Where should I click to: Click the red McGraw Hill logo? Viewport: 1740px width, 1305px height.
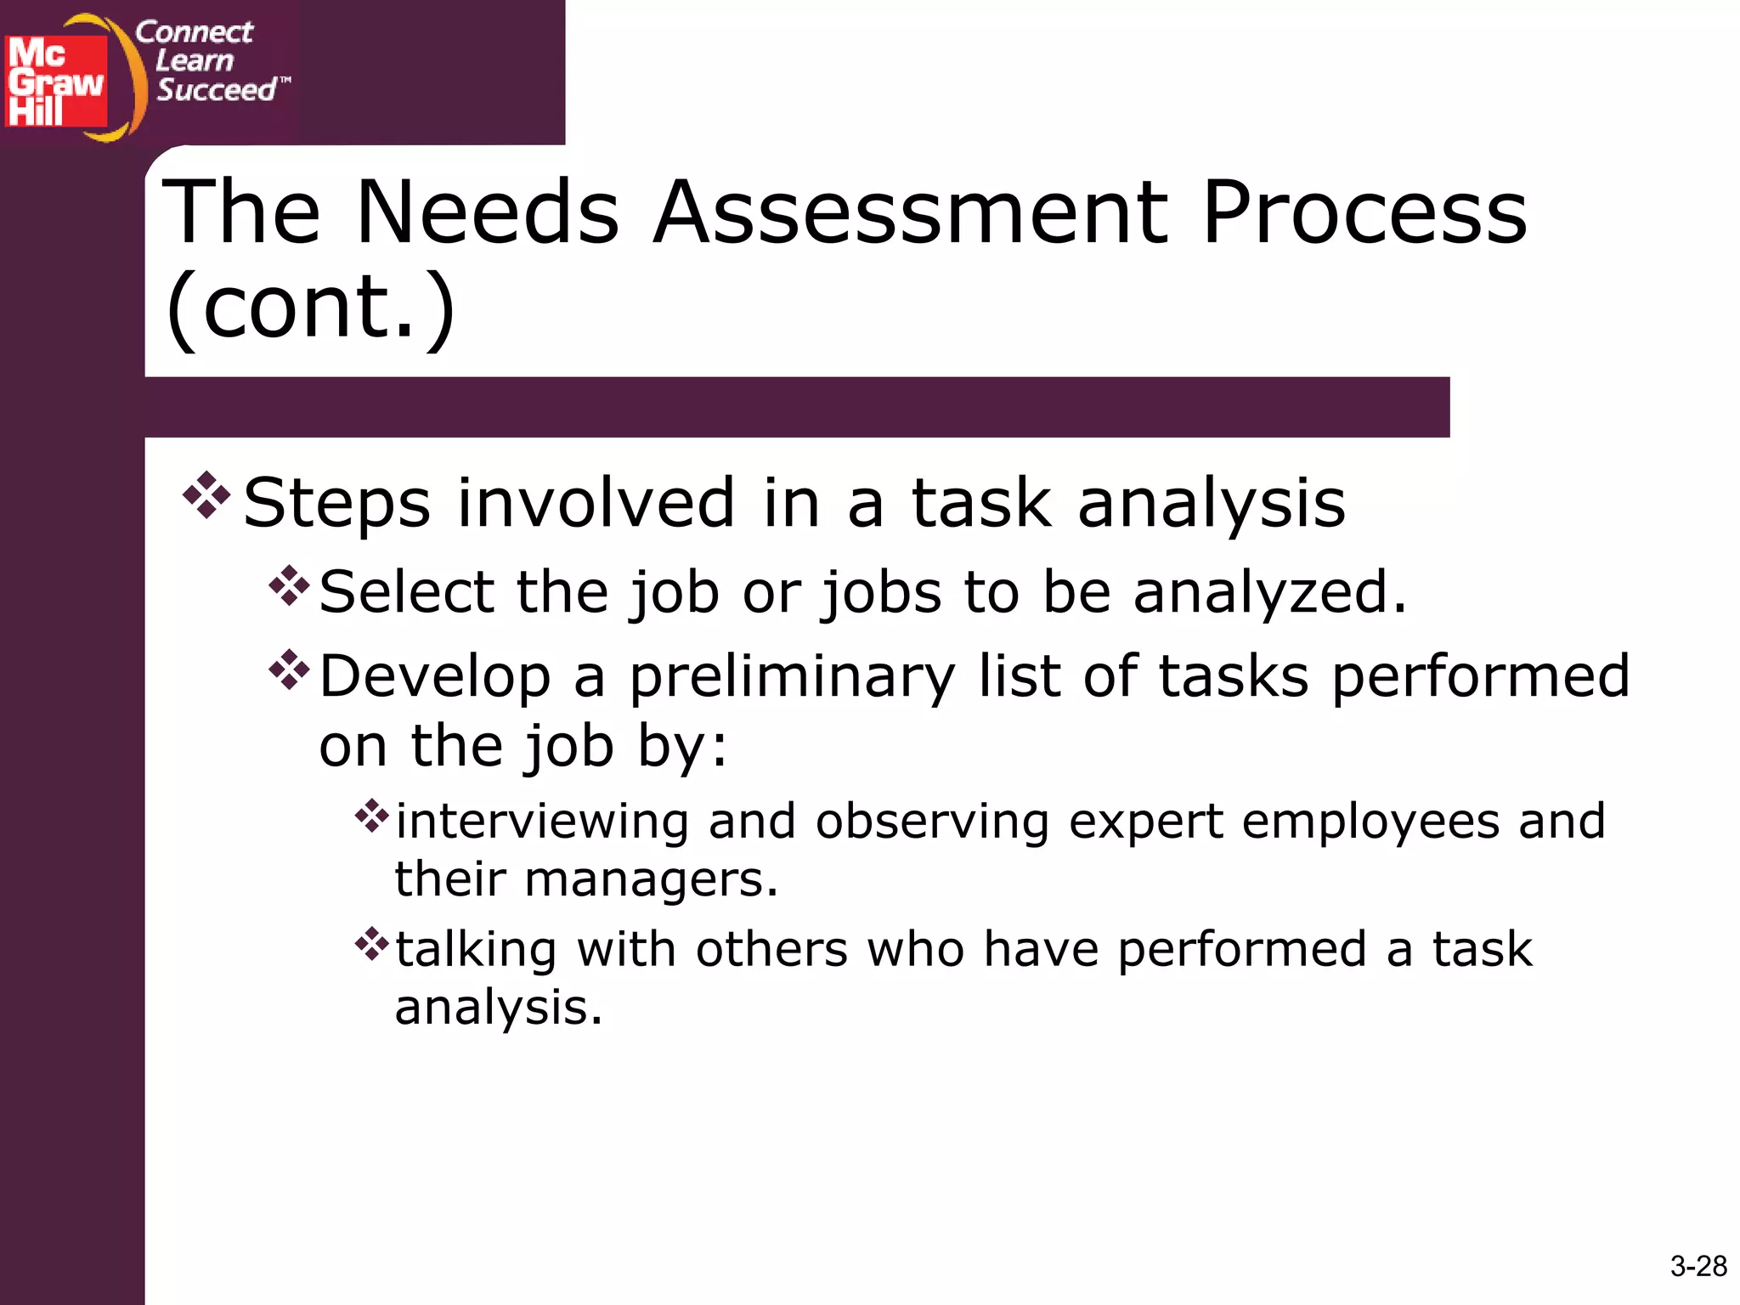click(x=56, y=82)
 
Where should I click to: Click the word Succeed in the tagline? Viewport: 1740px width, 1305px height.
click(x=217, y=89)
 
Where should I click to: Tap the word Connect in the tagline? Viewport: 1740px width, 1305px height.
click(x=194, y=32)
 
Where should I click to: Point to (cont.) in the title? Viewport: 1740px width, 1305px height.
click(x=311, y=308)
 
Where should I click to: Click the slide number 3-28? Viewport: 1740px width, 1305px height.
click(x=1698, y=1266)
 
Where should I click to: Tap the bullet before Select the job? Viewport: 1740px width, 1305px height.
click(x=289, y=585)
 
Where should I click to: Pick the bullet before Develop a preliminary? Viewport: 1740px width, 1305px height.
click(x=289, y=669)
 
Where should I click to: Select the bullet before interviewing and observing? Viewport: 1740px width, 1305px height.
click(x=371, y=816)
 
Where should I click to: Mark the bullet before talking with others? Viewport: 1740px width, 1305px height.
click(x=371, y=944)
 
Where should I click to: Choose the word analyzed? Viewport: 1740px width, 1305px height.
click(x=1269, y=593)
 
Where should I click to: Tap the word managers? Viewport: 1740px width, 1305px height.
click(x=651, y=879)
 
